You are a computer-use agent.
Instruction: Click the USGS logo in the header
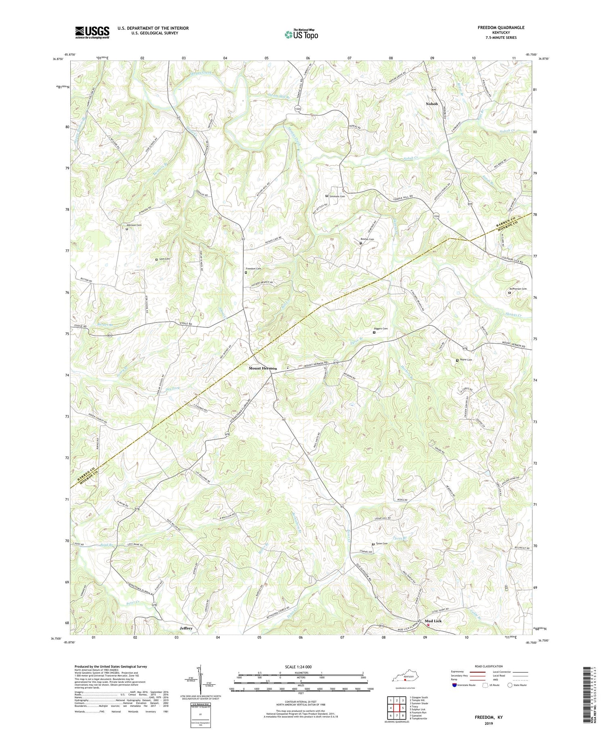[x=92, y=32]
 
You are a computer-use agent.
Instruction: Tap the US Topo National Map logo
[x=301, y=34]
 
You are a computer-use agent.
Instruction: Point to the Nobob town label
[x=432, y=104]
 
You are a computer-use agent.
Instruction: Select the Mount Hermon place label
[x=263, y=368]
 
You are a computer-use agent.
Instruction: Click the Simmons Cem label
[x=337, y=196]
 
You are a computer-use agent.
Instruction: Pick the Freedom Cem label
[x=254, y=269]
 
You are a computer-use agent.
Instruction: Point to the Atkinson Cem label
[x=134, y=225]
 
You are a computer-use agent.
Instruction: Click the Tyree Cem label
[x=382, y=543]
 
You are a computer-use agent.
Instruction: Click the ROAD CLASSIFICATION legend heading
[x=489, y=667]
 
